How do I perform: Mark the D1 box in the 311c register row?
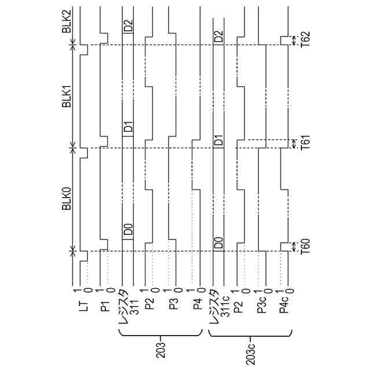click(219, 141)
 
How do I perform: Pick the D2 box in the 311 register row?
click(128, 26)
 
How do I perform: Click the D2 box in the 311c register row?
click(219, 37)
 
